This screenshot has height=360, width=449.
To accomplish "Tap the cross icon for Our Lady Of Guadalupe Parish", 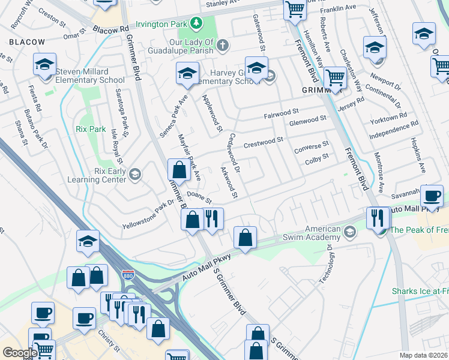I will click(x=222, y=44).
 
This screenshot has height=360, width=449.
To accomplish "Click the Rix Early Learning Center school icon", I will click(x=135, y=175).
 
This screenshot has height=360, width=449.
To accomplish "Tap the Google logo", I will click(x=20, y=353).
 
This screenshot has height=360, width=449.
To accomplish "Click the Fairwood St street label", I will click(x=281, y=112).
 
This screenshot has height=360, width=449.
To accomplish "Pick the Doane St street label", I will click(x=199, y=196).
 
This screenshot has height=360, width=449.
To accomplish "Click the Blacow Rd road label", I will click(x=110, y=29).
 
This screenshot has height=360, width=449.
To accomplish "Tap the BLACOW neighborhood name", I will click(x=26, y=41).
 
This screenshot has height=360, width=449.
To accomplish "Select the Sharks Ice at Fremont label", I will click(x=420, y=291).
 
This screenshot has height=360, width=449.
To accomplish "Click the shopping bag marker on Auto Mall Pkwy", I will click(x=245, y=238).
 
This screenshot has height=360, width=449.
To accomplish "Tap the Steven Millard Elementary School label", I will click(x=90, y=76).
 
